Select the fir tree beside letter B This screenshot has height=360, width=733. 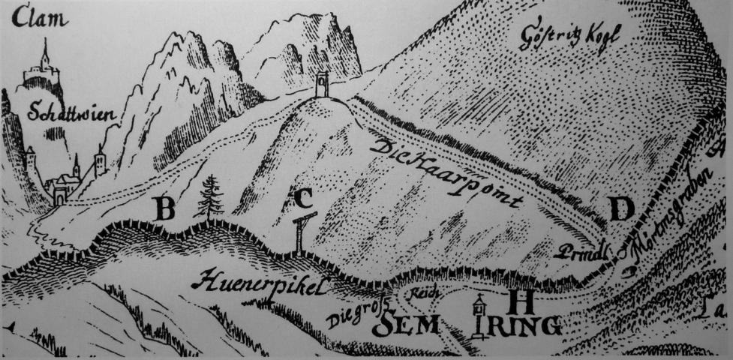(209, 196)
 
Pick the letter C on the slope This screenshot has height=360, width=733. (302, 198)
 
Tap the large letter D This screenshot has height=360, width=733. (620, 209)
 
